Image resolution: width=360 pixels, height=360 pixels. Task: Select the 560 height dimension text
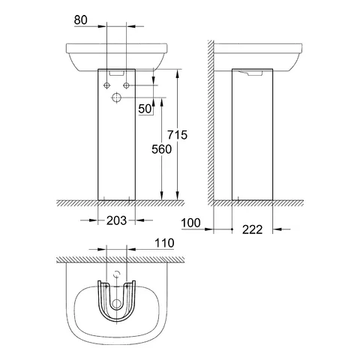point(163,149)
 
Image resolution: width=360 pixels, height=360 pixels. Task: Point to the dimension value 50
point(145,110)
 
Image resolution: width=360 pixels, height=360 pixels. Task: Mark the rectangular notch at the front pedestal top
point(117,74)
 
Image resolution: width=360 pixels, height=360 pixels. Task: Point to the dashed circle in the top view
point(117,274)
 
